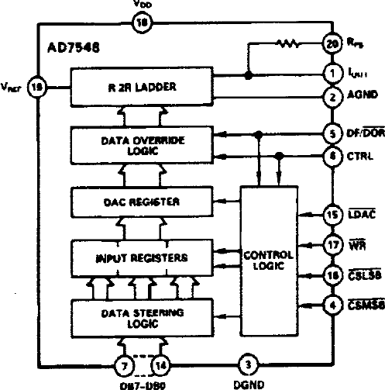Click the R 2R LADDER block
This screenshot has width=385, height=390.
[154, 87]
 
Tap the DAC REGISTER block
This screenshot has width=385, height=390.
[154, 202]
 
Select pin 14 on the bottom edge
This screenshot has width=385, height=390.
[160, 362]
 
